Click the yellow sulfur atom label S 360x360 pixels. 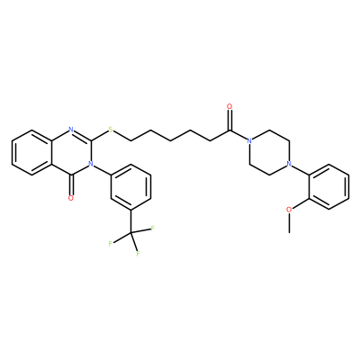click(111, 130)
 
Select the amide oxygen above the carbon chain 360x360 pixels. click(229, 106)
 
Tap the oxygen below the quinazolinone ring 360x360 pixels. click(71, 198)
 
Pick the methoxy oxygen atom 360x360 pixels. click(289, 210)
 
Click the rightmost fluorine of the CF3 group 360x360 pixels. click(152, 229)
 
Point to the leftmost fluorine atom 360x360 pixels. click(111, 244)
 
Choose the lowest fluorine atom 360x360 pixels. click(139, 254)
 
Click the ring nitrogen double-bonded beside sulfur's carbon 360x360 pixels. click(71, 130)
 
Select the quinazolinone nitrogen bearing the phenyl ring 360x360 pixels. click(90, 164)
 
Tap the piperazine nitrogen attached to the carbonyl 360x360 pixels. click(248, 141)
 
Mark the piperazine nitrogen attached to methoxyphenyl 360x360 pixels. click(289, 164)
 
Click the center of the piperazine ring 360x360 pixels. click(269, 152)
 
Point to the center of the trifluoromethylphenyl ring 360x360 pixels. click(130, 186)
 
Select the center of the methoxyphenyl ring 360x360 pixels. click(328, 186)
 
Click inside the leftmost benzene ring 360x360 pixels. click(31, 152)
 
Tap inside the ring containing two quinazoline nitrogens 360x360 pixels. click(71, 152)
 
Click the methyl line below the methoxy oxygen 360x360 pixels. click(289, 223)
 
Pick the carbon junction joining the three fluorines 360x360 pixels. click(130, 232)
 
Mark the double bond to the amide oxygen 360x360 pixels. click(229, 121)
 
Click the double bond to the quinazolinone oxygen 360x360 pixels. click(71, 184)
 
